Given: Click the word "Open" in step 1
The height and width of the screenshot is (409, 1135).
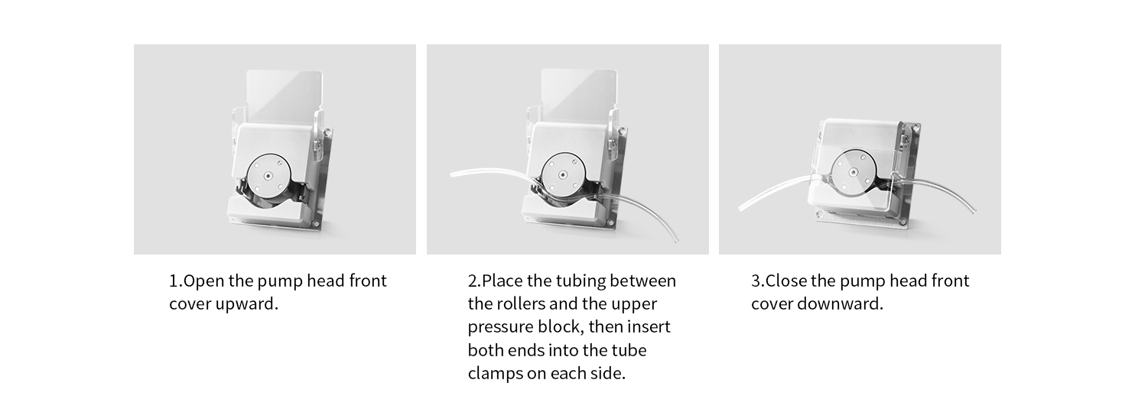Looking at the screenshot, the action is (x=203, y=281).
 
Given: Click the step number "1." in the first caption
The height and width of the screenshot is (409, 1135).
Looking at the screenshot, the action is (x=175, y=281).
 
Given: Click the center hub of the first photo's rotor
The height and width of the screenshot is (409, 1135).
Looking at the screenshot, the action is (x=268, y=175).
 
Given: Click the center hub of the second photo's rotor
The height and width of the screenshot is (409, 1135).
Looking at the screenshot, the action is (x=562, y=175).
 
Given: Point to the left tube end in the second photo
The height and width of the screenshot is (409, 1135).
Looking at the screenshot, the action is (x=451, y=175).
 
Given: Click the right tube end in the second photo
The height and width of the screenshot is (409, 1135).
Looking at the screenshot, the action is (x=676, y=241).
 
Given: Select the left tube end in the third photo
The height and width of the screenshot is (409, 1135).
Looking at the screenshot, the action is (x=740, y=209).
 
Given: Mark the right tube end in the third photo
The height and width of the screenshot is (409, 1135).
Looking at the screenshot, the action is (x=974, y=210).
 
